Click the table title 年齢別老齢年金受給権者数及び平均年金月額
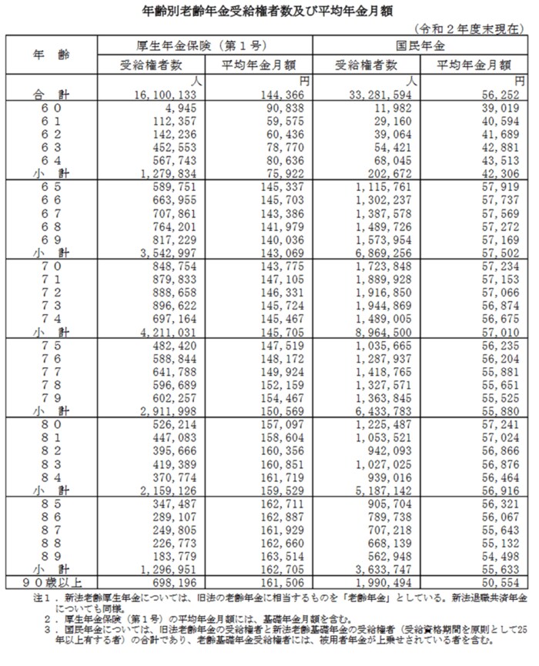tap(269, 12)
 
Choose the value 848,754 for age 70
tap(166, 266)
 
